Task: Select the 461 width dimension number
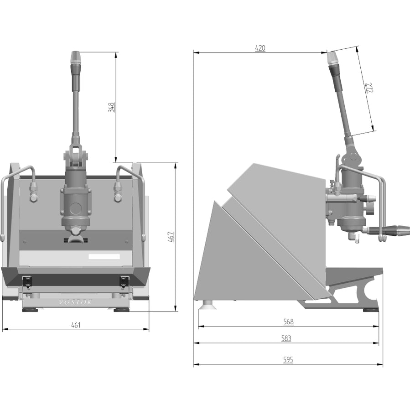76,325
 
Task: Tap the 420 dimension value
260,48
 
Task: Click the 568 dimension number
288,322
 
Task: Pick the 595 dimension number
288,360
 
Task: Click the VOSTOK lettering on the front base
75,302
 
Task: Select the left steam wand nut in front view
33,188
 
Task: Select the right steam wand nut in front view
118,188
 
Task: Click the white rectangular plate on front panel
104,257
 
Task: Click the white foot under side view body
209,305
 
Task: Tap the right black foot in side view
370,310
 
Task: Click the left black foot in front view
31,309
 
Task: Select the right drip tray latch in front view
124,281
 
